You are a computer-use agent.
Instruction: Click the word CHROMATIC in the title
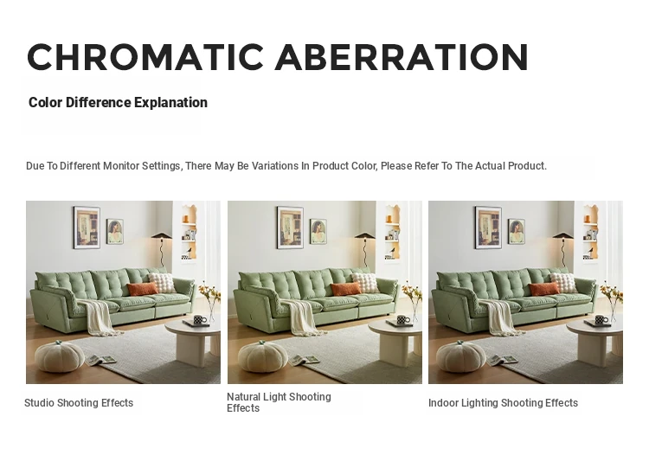click(x=145, y=57)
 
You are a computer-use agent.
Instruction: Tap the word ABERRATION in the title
click(x=402, y=57)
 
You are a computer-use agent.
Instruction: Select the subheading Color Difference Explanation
click(x=118, y=102)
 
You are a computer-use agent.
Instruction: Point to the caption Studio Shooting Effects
click(x=79, y=403)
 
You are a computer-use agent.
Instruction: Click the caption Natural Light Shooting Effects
click(x=279, y=402)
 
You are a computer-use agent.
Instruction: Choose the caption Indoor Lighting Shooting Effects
click(x=503, y=403)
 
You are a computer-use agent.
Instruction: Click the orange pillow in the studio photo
click(x=142, y=289)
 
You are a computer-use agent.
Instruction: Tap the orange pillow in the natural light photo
click(x=345, y=289)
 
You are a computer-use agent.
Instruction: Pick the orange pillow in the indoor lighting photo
click(x=544, y=289)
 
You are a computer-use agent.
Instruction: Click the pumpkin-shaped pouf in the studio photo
click(x=57, y=356)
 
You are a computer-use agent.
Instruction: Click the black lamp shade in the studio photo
click(x=162, y=236)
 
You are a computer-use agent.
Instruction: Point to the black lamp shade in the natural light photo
click(x=364, y=236)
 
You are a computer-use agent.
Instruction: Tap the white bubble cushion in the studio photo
click(x=163, y=282)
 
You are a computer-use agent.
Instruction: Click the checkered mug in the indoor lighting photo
click(x=601, y=320)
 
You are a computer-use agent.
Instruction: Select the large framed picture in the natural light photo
click(x=290, y=227)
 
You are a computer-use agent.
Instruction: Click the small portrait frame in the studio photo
click(x=115, y=231)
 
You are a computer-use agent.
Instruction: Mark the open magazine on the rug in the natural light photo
click(x=305, y=360)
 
